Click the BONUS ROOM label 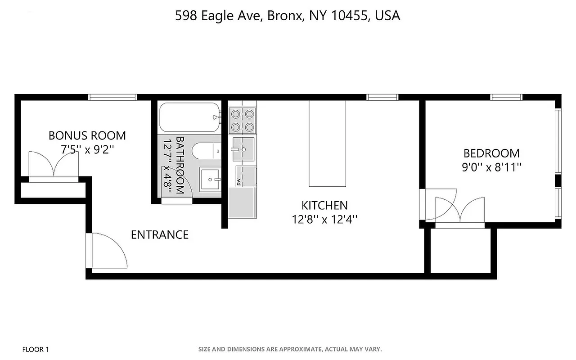coord(87,135)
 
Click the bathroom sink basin coord(211,180)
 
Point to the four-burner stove coord(243,120)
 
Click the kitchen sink coord(243,149)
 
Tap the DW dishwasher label coord(238,182)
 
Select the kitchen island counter coord(327,143)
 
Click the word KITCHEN coord(324,206)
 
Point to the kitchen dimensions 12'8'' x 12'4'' coord(324,220)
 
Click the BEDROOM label coord(491,153)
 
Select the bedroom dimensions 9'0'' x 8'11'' coord(491,167)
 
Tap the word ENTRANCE coord(160,234)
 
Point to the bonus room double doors coord(54,166)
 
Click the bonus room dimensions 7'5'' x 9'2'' coord(87,149)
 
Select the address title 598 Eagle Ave coord(288,16)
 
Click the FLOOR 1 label coord(36,349)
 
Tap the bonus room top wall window coord(112,97)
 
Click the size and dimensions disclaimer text coord(290,349)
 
